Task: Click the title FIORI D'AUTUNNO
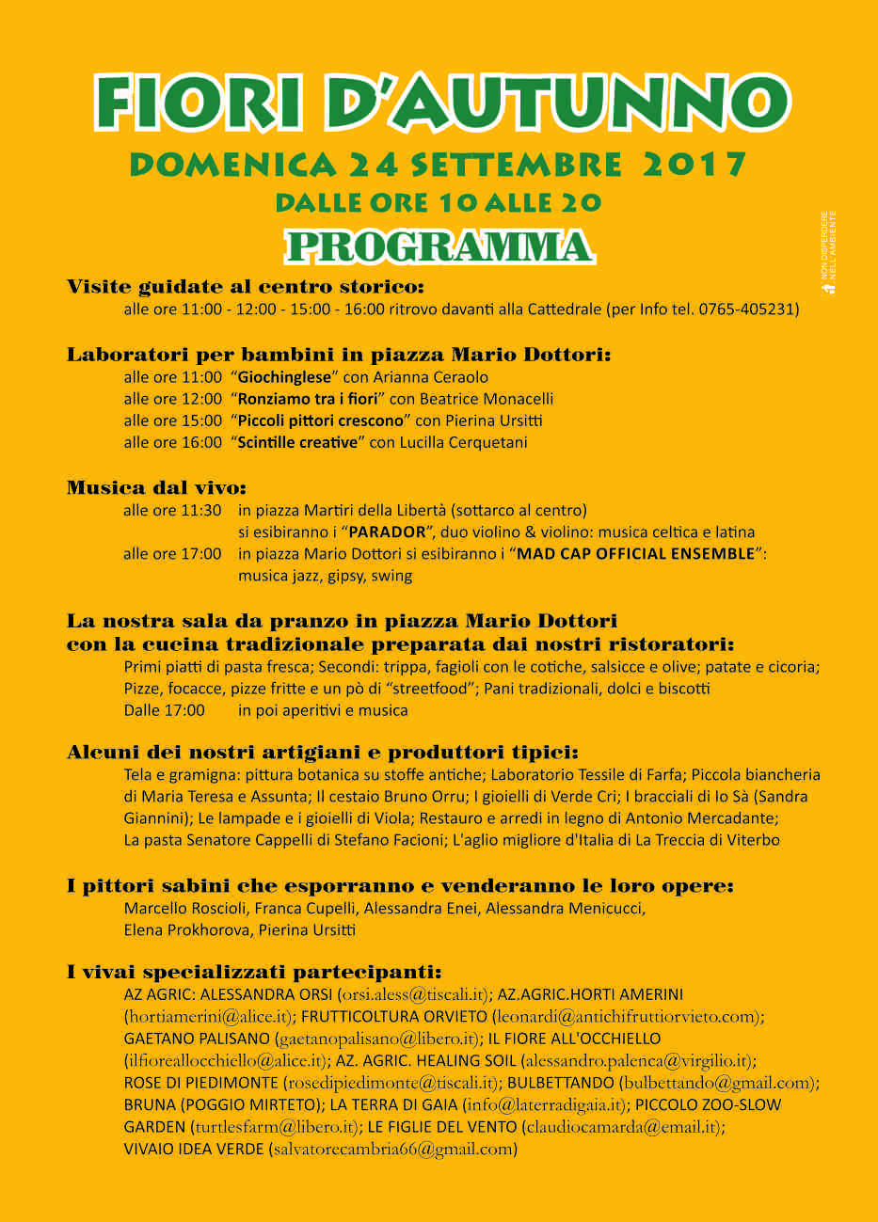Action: [441, 102]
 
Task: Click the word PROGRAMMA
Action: [439, 246]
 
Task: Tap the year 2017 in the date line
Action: [694, 165]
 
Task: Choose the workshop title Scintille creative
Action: [298, 442]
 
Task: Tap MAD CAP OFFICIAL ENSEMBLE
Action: [637, 554]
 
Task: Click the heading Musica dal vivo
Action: [156, 487]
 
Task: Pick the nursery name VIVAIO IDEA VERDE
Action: [194, 1149]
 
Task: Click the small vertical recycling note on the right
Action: [828, 252]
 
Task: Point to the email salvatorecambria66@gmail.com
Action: [392, 1149]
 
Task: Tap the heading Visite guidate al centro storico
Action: [246, 287]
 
